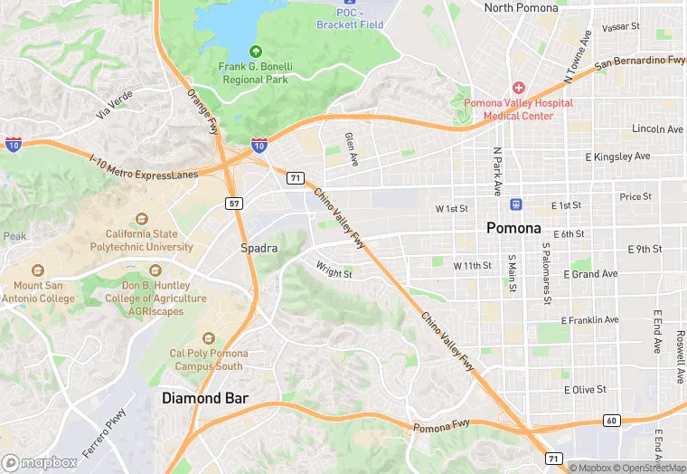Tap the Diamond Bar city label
coord(205,398)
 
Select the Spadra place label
coord(259,248)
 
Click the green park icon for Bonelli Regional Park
coord(255,51)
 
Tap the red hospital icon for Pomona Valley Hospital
coord(518,88)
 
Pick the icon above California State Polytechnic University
coord(141,219)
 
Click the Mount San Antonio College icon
coord(37,271)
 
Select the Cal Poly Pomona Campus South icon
coord(208,338)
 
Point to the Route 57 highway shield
coord(235,204)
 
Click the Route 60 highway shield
coord(611,422)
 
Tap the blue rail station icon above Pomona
coord(515,204)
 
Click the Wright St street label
coord(334,269)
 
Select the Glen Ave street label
coord(351,149)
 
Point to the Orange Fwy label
coord(202,110)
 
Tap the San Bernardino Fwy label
coord(639,62)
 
